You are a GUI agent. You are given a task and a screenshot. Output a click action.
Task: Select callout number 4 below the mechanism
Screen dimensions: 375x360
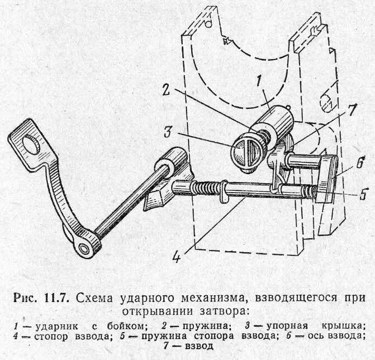(x=177, y=258)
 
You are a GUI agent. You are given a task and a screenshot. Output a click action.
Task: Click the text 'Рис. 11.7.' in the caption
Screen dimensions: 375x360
(x=41, y=297)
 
